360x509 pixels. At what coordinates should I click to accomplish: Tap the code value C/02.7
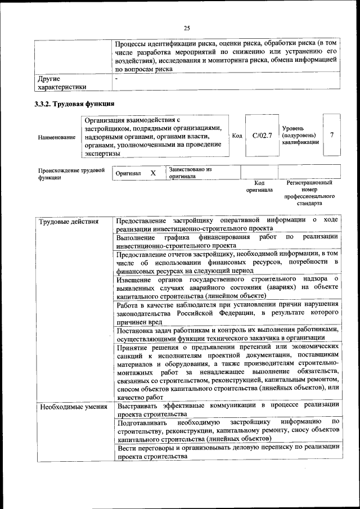pos(262,136)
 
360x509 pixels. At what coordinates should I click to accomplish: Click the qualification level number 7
pos(332,135)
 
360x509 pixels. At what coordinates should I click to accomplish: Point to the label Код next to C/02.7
pos(237,136)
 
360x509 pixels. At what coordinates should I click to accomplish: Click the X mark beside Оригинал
pos(152,173)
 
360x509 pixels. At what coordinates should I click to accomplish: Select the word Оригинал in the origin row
pos(128,174)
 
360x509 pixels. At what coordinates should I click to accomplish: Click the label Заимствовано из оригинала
pos(190,172)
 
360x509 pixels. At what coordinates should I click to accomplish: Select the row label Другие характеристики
pos(62,83)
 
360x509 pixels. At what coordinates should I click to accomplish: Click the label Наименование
pos(56,137)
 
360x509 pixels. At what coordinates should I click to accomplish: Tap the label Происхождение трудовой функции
pos(71,173)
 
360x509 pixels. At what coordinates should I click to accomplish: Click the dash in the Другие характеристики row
pos(116,78)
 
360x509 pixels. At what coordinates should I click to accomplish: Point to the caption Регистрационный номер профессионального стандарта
pos(309,193)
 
